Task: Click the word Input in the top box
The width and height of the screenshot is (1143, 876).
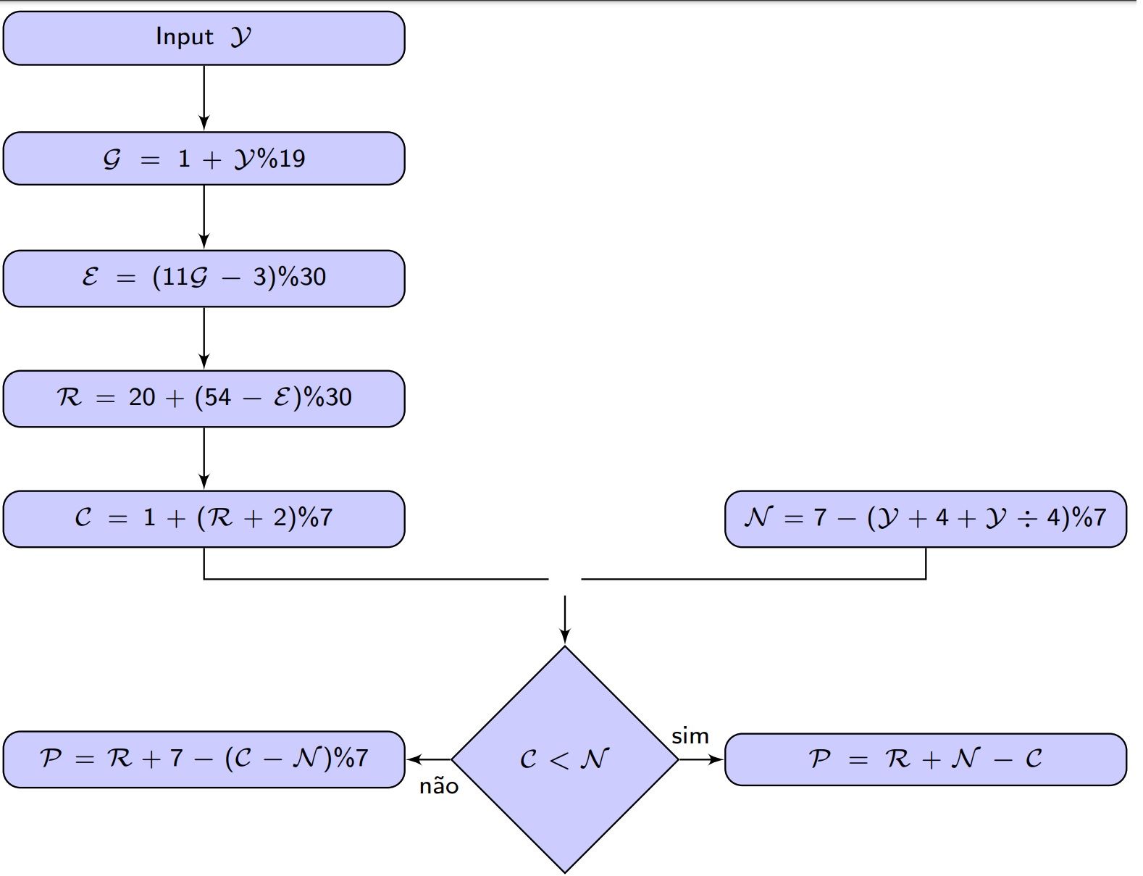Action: pyautogui.click(x=184, y=37)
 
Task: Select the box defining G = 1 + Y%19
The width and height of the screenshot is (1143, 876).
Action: pyautogui.click(x=204, y=159)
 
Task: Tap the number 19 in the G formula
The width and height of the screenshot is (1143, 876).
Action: pyautogui.click(x=291, y=159)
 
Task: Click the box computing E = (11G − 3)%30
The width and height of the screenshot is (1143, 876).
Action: pyautogui.click(x=204, y=278)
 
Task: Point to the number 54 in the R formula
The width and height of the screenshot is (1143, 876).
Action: pyautogui.click(x=217, y=397)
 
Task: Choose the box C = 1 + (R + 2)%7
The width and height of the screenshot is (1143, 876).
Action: pyautogui.click(x=204, y=519)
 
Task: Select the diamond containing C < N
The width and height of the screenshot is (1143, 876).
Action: pyautogui.click(x=564, y=759)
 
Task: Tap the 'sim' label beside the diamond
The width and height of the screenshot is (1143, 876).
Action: pyautogui.click(x=690, y=736)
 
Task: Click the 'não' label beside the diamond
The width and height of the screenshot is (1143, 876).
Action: pyautogui.click(x=439, y=787)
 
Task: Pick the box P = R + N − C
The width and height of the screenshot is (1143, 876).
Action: pyautogui.click(x=925, y=759)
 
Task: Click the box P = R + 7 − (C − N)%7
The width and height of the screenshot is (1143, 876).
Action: pyautogui.click(x=204, y=759)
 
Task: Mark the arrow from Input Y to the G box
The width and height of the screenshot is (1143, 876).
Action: pyautogui.click(x=204, y=99)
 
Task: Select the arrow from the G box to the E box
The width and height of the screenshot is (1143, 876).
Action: pyautogui.click(x=204, y=217)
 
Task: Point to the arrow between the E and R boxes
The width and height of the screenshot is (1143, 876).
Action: pyautogui.click(x=204, y=338)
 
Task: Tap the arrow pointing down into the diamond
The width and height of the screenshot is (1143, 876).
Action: pyautogui.click(x=564, y=620)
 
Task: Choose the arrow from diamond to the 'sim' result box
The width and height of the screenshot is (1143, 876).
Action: pyautogui.click(x=701, y=759)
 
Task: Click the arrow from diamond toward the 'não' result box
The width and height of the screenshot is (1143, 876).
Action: pyautogui.click(x=429, y=759)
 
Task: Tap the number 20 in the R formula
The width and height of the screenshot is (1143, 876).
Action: pyautogui.click(x=142, y=397)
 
